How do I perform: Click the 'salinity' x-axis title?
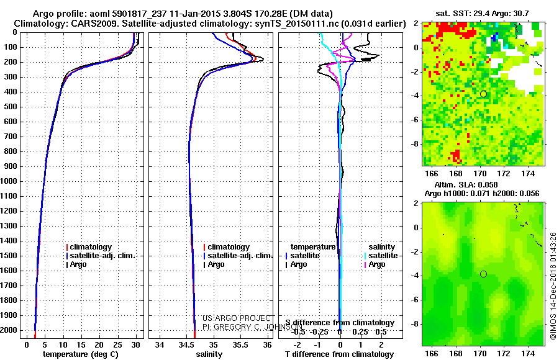209,354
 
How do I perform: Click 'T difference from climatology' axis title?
339,354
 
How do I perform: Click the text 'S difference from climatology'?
340,323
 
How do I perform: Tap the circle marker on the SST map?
483,94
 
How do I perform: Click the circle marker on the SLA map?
483,274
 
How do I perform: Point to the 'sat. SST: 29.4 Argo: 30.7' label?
484,14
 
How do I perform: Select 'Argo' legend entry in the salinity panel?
216,264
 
